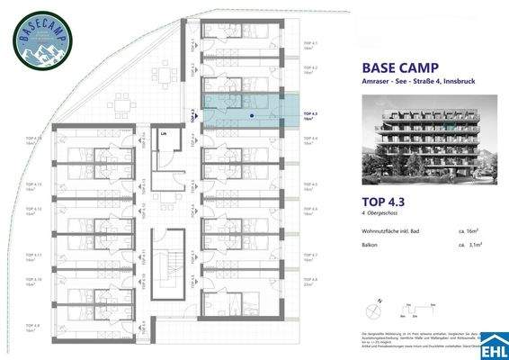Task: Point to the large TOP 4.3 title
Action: click(384, 203)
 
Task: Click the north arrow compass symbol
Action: click(371, 309)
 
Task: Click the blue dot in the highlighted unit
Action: click(251, 115)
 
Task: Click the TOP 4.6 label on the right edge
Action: click(309, 210)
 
